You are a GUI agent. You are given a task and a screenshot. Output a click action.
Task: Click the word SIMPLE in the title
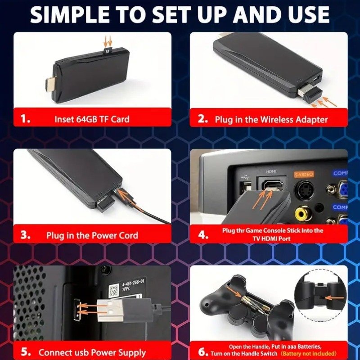click(67, 15)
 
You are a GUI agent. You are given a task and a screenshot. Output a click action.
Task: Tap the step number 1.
click(26, 119)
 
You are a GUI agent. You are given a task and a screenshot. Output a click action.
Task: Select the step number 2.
click(203, 119)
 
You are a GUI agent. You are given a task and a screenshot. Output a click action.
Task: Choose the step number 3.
click(26, 235)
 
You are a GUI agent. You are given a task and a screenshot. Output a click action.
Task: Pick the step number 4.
click(203, 234)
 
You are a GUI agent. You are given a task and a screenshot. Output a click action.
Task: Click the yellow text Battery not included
click(313, 354)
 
